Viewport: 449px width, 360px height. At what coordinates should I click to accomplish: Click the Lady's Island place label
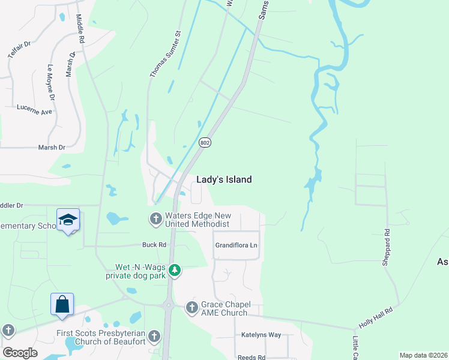tap(224, 179)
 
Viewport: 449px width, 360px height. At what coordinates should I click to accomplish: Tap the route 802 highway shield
tap(205, 142)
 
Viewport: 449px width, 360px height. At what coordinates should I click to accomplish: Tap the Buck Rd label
tap(154, 245)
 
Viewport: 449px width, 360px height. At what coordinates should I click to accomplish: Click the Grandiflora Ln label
tap(236, 246)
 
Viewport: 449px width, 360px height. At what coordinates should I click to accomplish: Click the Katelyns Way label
tap(261, 335)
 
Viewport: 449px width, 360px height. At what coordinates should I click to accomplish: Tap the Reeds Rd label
tap(252, 357)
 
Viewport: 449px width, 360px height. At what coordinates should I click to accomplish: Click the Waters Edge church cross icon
tap(156, 218)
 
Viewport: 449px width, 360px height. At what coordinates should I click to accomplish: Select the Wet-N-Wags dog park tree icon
tap(175, 271)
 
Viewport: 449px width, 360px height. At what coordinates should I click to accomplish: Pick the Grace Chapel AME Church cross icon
tap(191, 308)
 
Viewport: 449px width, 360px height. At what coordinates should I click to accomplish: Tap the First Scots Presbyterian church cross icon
tap(155, 336)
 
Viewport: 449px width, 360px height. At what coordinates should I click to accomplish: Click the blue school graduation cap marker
tap(68, 220)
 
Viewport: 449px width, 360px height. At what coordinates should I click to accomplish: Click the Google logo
tap(20, 353)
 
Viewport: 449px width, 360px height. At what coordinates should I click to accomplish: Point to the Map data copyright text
tap(423, 355)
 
